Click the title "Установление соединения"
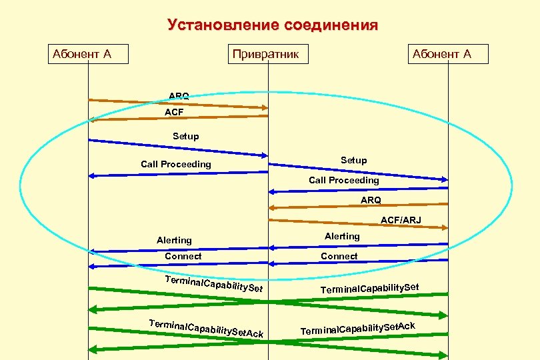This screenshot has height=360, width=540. tap(272, 25)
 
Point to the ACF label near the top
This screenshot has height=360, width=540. tap(174, 113)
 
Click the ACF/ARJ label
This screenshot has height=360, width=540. tap(401, 219)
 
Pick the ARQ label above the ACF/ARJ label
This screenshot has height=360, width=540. tap(371, 199)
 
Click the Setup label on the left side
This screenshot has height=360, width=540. tap(185, 136)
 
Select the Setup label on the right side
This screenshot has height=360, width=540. tap(353, 160)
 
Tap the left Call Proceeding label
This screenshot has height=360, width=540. tap(176, 164)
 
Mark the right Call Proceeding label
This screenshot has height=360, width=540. tap(343, 180)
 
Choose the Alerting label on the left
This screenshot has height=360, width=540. tap(174, 240)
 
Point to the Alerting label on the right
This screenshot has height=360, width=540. tap(342, 236)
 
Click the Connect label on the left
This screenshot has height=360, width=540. tap(183, 256)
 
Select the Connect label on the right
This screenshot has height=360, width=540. tap(339, 256)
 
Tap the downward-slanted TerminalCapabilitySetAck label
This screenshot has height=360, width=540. tap(207, 327)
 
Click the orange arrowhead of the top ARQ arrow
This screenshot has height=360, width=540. tap(265, 107)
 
